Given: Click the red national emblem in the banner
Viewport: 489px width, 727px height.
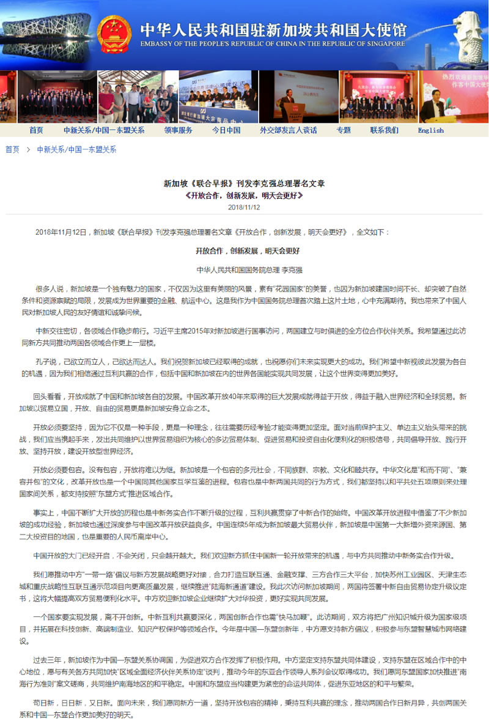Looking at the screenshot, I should point(114,34).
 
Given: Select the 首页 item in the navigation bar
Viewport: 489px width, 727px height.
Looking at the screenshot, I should point(36,130).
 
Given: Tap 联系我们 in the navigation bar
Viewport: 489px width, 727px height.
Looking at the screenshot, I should point(384,130).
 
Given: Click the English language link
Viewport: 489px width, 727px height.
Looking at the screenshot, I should point(431,130).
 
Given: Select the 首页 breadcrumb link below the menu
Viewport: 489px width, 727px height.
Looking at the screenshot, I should point(12,149).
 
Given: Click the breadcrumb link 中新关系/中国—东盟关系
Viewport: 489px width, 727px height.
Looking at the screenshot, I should point(76,149).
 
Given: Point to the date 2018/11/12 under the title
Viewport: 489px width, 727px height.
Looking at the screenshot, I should point(244,207).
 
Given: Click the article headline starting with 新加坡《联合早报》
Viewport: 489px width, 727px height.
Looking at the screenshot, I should point(244,183).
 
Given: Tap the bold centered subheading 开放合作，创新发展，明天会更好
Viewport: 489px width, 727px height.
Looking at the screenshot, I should point(247,250).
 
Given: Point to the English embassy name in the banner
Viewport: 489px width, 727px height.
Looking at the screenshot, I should point(273,44).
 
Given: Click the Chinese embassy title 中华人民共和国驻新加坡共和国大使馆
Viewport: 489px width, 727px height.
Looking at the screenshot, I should point(273,29).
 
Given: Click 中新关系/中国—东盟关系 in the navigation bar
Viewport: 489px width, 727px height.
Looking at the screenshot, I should point(104,130).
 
